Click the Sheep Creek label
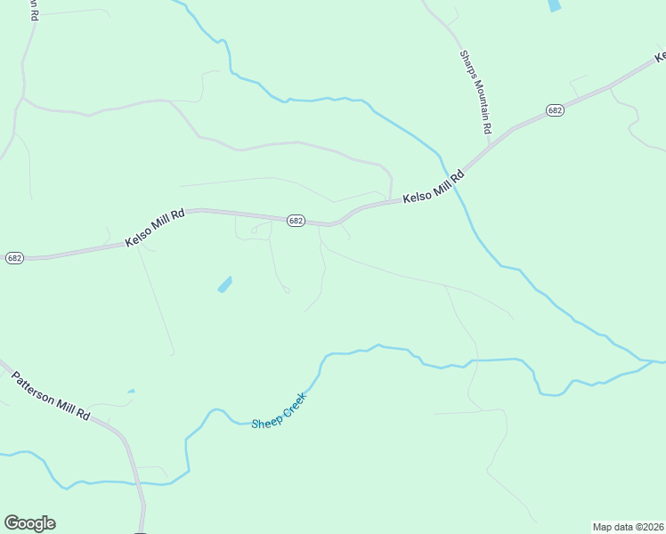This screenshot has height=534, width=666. (x=278, y=410)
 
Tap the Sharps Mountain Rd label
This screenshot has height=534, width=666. (x=475, y=92)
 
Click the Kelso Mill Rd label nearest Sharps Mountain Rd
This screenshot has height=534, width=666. (x=434, y=188)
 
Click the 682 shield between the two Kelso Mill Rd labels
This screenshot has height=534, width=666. (x=296, y=221)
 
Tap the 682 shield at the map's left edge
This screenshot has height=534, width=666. (x=14, y=258)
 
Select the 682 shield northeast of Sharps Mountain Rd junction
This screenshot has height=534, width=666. (x=556, y=109)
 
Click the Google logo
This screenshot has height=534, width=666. (x=29, y=522)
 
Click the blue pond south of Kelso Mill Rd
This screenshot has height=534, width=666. (x=224, y=285)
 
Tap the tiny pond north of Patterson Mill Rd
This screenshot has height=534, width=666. (x=131, y=391)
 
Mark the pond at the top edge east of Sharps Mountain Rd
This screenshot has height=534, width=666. (x=555, y=4)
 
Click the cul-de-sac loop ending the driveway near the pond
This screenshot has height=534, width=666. (x=286, y=289)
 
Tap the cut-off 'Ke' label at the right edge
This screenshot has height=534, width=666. (x=660, y=57)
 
